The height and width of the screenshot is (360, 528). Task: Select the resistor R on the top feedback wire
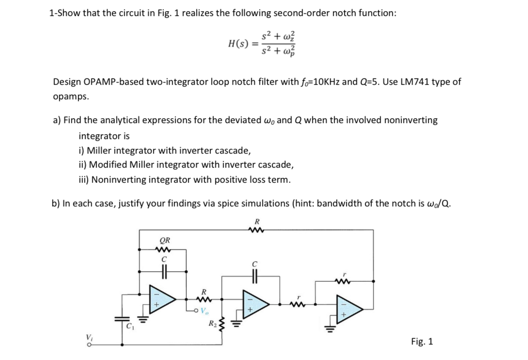pos(252,230)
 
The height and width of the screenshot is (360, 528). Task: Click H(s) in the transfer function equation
pos(239,44)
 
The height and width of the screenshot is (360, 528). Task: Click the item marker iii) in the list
pos(83,180)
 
